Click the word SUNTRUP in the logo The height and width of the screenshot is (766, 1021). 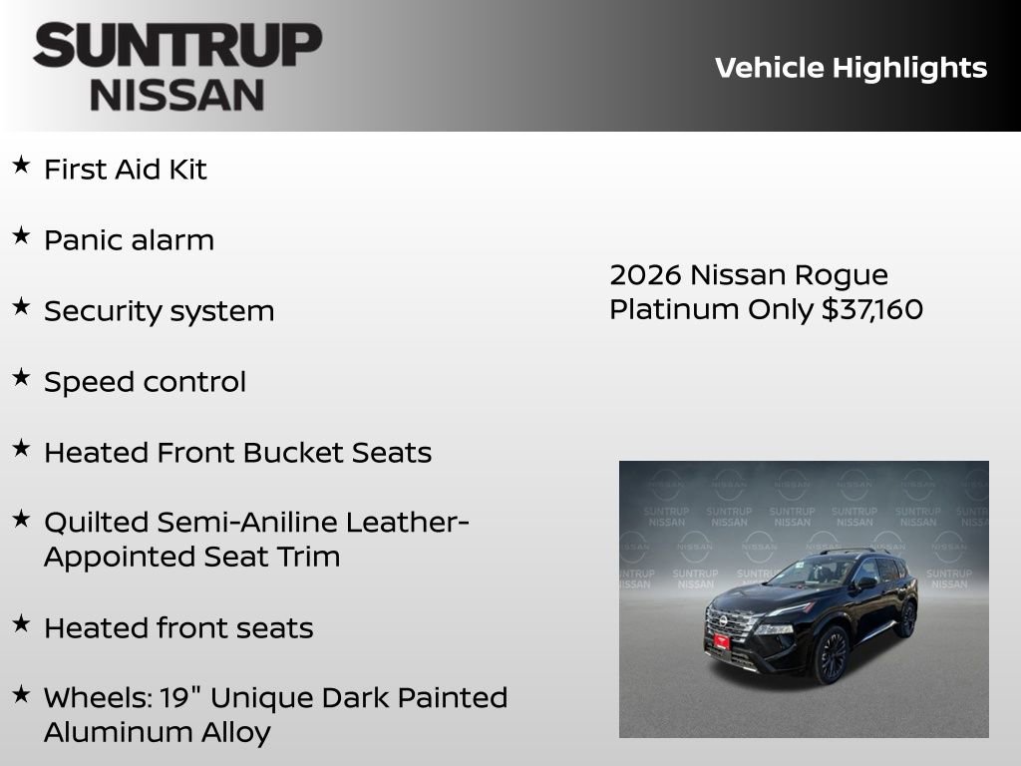177,47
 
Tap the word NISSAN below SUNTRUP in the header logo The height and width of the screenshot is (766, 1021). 177,95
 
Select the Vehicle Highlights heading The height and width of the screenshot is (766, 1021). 851,68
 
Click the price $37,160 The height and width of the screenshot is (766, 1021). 872,309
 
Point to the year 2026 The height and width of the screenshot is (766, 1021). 644,275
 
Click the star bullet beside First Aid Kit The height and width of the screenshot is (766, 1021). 21,166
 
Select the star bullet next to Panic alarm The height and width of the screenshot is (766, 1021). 21,236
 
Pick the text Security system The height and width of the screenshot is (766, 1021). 159,311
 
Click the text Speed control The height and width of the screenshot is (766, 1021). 145,382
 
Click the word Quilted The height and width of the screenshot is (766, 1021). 95,522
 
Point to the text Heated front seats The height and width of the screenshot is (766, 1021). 178,628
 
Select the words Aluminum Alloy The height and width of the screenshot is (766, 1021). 157,732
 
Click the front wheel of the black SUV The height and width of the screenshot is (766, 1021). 831,655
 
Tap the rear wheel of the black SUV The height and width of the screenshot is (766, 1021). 906,618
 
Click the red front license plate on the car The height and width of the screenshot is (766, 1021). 720,640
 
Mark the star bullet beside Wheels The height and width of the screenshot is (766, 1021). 21,694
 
